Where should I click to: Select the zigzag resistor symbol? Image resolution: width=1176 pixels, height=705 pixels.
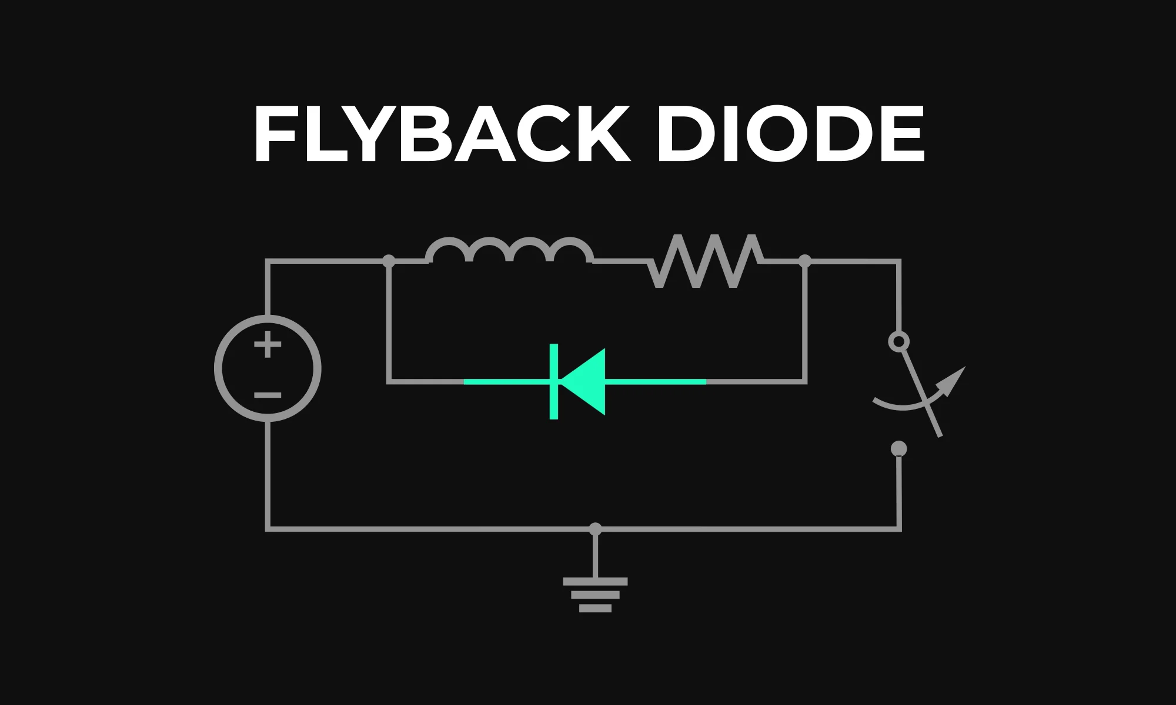tap(706, 261)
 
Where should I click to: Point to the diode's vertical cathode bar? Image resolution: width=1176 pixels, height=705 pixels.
tap(553, 382)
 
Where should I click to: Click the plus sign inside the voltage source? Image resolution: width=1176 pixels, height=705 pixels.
tap(268, 345)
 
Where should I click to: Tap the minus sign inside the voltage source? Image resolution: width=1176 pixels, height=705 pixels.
tap(268, 395)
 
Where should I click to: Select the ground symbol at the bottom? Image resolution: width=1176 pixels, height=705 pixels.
tap(595, 595)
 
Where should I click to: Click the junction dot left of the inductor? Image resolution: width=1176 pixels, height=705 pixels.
tap(389, 261)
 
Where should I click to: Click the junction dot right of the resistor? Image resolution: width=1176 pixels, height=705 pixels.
tap(805, 261)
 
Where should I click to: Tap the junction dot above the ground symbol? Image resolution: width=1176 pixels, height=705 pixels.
tap(595, 529)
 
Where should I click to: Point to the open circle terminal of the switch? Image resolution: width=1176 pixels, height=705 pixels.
tap(898, 342)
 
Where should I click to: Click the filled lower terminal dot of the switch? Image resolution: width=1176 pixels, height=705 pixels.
tap(898, 449)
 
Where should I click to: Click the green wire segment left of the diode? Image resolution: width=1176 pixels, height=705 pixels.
tap(506, 382)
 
